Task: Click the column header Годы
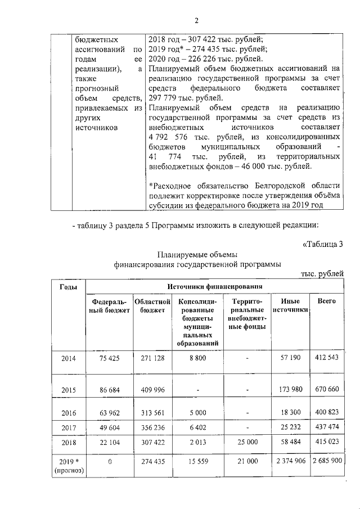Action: click(x=68, y=287)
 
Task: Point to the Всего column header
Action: click(x=327, y=301)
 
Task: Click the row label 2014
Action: click(x=68, y=358)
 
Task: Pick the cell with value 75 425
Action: click(x=109, y=358)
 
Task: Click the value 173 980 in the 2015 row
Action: click(x=290, y=389)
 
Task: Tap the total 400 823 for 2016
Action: click(x=327, y=412)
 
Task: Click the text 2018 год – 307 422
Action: click(x=191, y=40)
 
